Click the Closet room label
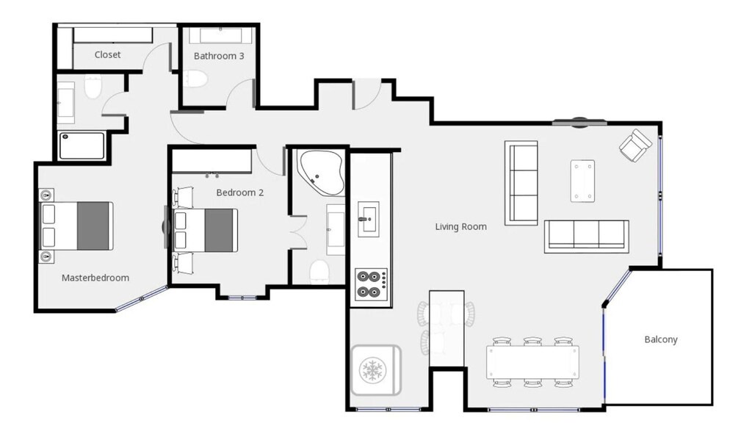tap(107, 54)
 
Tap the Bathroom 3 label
tap(219, 56)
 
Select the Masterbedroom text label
tap(95, 278)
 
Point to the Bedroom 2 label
tap(240, 192)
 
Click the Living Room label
tap(461, 226)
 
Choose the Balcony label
tap(661, 339)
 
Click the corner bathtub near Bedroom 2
tap(320, 173)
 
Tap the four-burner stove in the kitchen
tap(371, 284)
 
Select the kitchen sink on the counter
tap(369, 220)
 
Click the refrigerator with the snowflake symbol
tap(375, 370)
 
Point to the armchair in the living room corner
tap(635, 145)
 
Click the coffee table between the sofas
tap(582, 181)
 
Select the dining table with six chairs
tap(532, 362)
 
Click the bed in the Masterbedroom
tap(76, 226)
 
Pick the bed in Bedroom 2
tap(206, 230)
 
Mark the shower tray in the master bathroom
tap(82, 146)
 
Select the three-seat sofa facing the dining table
tap(587, 236)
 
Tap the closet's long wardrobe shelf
tap(112, 35)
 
